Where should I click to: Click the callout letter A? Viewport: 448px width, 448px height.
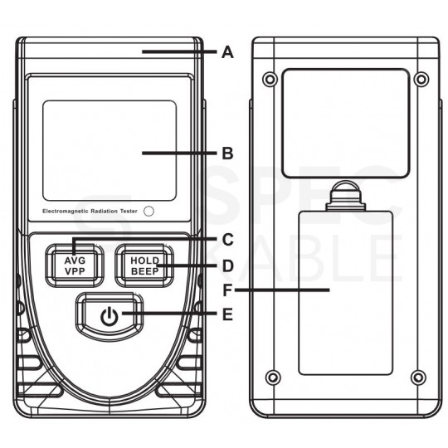coord(228,51)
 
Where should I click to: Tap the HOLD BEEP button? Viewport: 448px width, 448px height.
coord(144,265)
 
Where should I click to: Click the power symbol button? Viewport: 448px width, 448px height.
coord(108,315)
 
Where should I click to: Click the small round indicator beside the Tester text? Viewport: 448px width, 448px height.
coord(149,211)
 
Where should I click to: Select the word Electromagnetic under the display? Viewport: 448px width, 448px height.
coord(67,212)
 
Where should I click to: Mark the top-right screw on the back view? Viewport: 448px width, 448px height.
coord(421,80)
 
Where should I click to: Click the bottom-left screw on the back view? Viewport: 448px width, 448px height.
coord(270,379)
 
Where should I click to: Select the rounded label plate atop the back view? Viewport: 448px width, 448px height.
coord(345,125)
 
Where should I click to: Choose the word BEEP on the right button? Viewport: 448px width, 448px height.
coord(144,271)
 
